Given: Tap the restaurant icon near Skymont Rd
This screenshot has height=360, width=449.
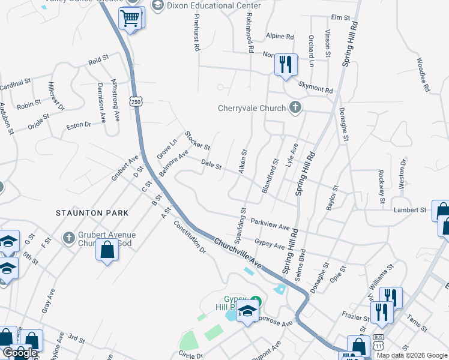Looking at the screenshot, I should click(285, 64).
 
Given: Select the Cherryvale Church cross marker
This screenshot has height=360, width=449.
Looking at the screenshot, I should click(294, 108).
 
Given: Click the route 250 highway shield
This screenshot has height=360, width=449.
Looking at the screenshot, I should click(137, 103).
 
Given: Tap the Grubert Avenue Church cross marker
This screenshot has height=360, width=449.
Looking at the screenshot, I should click(69, 238).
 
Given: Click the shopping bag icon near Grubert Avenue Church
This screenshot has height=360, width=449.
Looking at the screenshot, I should click(107, 250).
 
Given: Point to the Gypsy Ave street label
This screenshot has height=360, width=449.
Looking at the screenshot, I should click(269, 244).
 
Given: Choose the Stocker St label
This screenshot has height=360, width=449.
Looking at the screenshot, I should click(197, 140).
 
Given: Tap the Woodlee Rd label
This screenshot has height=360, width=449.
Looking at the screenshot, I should click(424, 75).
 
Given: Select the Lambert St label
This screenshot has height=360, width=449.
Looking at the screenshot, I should click(409, 210).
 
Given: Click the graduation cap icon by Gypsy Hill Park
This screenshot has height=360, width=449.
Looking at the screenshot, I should click(246, 311).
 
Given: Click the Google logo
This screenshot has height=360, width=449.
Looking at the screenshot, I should click(19, 353).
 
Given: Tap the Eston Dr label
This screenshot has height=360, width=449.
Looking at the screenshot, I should click(78, 125).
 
